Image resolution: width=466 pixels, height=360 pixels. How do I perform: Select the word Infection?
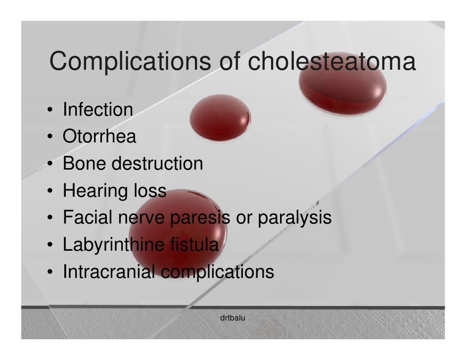coord(97,109)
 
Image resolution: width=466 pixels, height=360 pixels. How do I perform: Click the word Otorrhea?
coord(99,136)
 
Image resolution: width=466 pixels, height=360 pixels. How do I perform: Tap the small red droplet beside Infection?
coord(221,118)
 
